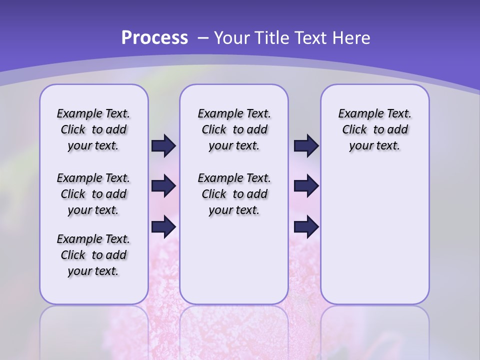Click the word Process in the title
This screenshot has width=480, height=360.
[154, 38]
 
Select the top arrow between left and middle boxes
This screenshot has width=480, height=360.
[163, 146]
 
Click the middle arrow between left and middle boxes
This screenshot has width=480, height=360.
[163, 186]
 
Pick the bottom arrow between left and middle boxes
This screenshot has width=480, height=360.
[163, 227]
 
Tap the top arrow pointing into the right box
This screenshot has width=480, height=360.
[306, 146]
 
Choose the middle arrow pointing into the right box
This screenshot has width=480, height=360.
[306, 186]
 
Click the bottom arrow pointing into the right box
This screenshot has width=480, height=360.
[306, 227]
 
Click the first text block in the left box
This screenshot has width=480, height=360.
[93, 129]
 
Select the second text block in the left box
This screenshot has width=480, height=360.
[93, 194]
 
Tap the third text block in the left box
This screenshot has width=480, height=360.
[93, 255]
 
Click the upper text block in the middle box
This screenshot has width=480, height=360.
[234, 129]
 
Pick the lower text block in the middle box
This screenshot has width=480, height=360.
[234, 194]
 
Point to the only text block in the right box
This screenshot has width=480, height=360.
[374, 129]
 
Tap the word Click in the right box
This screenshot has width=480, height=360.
[354, 130]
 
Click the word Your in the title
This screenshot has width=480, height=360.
[231, 38]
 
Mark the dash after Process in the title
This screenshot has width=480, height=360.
[203, 38]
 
